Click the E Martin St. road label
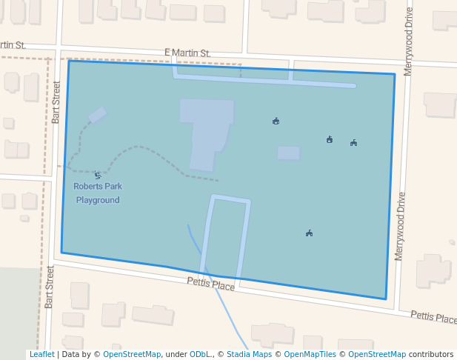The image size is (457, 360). (187, 53)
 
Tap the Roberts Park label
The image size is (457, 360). (98, 187)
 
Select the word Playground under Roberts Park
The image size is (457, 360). (98, 200)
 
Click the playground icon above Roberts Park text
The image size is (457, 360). (97, 176)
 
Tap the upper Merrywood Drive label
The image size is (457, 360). (408, 41)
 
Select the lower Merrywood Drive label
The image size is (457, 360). (401, 225)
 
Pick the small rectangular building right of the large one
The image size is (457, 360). (289, 153)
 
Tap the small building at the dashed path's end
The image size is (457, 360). (98, 115)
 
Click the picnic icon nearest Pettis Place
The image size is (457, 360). (309, 233)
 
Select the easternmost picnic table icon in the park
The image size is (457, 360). (354, 142)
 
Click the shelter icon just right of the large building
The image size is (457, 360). (276, 121)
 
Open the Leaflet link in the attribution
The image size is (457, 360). (41, 355)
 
